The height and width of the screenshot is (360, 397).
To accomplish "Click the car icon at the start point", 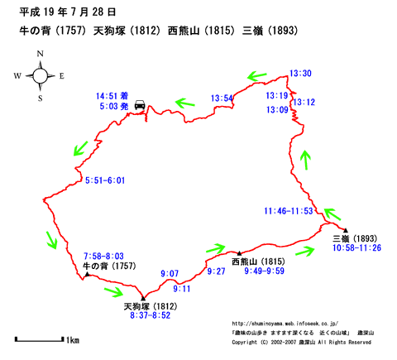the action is pyautogui.click(x=140, y=105).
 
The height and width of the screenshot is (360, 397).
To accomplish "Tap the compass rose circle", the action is pyautogui.click(x=41, y=75).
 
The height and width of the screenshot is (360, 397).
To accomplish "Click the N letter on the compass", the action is pyautogui.click(x=41, y=54).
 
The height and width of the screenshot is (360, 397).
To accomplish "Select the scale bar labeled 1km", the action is pyautogui.click(x=39, y=339).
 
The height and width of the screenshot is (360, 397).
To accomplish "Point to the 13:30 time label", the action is pyautogui.click(x=300, y=74).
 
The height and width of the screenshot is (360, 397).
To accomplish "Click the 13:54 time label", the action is pyautogui.click(x=222, y=98).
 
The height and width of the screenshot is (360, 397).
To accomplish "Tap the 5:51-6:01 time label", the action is pyautogui.click(x=105, y=180).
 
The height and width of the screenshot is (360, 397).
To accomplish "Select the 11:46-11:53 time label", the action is pyautogui.click(x=289, y=211).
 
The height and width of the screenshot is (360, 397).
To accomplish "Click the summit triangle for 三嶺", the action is pyautogui.click(x=346, y=230).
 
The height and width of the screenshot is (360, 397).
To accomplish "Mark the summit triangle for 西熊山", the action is pyautogui.click(x=239, y=253).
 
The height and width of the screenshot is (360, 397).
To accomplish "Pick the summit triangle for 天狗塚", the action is pyautogui.click(x=143, y=298).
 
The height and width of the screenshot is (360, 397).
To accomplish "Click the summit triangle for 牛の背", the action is pyautogui.click(x=87, y=274).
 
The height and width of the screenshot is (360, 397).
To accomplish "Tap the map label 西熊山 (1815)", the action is pyautogui.click(x=258, y=262).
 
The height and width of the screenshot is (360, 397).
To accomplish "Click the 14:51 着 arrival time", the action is pyautogui.click(x=112, y=96).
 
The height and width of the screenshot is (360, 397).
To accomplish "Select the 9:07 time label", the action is pyautogui.click(x=170, y=274).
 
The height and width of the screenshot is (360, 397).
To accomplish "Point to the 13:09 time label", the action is pyautogui.click(x=277, y=110).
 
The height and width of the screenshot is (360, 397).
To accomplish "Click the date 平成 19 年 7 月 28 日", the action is pyautogui.click(x=67, y=12).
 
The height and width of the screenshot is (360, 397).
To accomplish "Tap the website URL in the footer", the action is pyautogui.click(x=285, y=324).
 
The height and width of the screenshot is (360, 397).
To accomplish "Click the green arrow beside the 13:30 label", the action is pyautogui.click(x=257, y=76).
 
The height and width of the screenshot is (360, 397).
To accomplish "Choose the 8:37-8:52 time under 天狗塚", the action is pyautogui.click(x=151, y=315).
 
